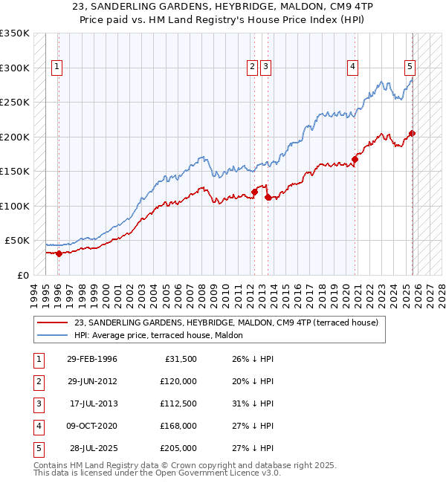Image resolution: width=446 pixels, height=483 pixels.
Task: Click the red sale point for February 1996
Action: click(59, 253)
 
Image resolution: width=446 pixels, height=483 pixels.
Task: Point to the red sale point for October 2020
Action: click(355, 159)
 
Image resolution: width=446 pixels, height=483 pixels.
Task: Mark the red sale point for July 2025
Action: click(413, 134)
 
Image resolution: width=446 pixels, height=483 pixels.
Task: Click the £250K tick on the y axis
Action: click(16, 103)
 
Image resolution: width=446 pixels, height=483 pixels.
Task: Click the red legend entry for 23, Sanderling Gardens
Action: click(226, 322)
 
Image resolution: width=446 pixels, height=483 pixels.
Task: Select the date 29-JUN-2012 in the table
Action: click(91, 381)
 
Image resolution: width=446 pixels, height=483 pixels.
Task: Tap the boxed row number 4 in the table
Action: click(37, 426)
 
